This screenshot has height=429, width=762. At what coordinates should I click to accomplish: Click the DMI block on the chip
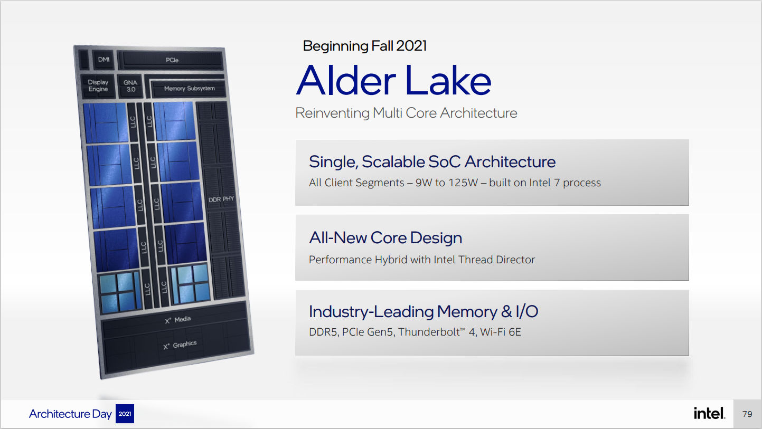coord(104,60)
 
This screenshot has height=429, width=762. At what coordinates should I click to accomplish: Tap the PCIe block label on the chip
coord(172,60)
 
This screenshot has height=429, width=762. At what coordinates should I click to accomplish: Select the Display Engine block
coord(98,85)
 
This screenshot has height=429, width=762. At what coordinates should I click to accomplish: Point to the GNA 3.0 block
coord(130,86)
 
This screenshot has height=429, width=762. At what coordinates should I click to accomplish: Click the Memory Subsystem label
coord(190,88)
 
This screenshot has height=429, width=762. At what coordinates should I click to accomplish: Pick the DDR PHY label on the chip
coord(221,199)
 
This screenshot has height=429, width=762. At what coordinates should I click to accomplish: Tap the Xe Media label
coord(178,320)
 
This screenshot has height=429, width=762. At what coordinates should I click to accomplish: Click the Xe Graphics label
coord(180,345)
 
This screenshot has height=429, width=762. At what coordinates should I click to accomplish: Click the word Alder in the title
coord(346,80)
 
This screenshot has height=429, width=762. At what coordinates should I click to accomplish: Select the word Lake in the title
coord(448,80)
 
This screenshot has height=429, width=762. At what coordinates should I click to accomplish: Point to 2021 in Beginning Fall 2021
coord(411,46)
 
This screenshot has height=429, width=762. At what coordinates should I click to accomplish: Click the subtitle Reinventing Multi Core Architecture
coord(406,113)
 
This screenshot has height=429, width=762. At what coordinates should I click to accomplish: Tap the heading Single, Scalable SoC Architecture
coord(432,162)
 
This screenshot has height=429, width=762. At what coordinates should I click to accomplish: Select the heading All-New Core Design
coord(385,237)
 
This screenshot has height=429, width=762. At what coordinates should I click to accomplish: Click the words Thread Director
coord(497,260)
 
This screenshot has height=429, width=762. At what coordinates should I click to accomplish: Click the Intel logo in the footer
coord(709,413)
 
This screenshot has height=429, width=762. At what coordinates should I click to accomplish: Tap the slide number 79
coord(747,414)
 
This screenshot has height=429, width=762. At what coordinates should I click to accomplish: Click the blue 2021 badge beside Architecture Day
coord(125,414)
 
